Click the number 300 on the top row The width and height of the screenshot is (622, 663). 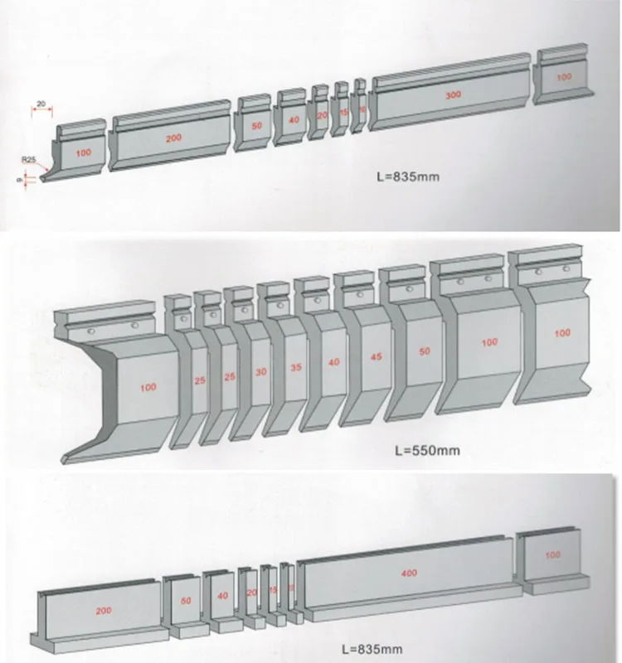[x=452, y=95]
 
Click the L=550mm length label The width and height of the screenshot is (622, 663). [x=424, y=452]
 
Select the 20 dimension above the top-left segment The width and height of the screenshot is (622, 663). [x=41, y=104]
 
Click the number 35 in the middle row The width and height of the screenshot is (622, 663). [x=294, y=367]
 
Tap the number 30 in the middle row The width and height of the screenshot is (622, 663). [x=260, y=372]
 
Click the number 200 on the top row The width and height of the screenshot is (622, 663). [x=173, y=138]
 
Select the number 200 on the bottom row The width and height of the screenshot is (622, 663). [x=103, y=611]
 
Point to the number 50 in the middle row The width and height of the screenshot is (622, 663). [x=424, y=351]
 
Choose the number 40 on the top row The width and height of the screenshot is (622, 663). [x=294, y=119]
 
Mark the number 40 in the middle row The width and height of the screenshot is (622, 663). [x=333, y=362]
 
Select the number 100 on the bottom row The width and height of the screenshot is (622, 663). [x=553, y=554]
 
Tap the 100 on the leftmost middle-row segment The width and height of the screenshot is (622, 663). [x=148, y=387]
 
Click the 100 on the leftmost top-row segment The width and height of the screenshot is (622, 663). [x=84, y=153]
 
